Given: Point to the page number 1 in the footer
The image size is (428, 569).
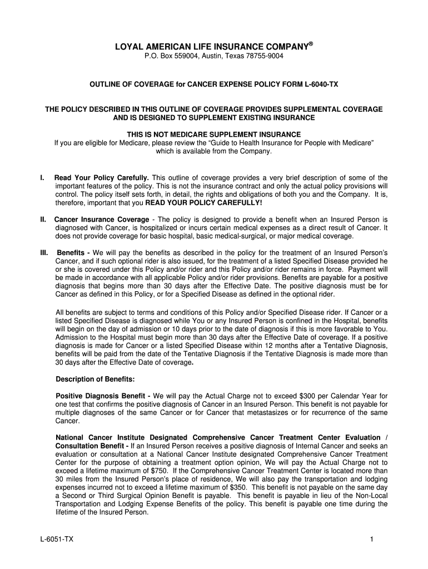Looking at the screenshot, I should [369, 540].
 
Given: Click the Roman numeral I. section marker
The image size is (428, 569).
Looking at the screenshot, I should [42, 177].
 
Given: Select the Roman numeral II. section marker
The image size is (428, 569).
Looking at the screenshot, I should [43, 219].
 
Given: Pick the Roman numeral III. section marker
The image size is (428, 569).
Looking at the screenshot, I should [44, 253].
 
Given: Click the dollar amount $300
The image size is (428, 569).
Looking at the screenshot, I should [306, 396].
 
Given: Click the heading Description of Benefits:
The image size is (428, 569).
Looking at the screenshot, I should [95, 379].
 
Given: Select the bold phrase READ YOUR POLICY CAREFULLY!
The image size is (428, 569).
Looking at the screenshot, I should [203, 202].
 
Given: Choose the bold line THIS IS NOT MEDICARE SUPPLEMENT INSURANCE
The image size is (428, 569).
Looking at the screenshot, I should [213, 134].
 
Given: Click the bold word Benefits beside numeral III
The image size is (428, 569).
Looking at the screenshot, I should [72, 253].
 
